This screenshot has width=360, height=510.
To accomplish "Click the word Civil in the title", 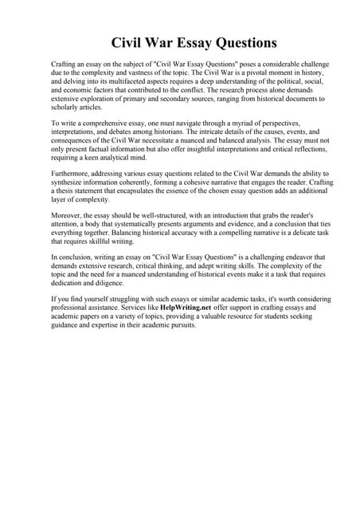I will tap(128, 41).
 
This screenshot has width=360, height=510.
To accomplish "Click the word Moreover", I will tap(68, 216).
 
